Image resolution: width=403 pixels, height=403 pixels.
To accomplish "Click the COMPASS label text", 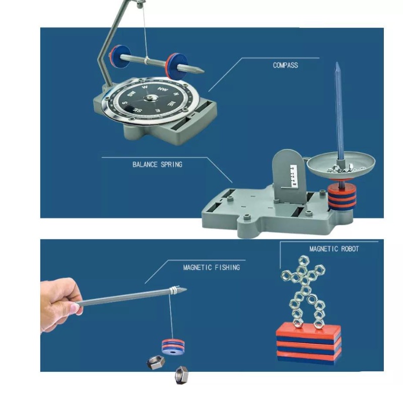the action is point(285,65).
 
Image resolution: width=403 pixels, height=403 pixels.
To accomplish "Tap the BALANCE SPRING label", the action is point(157,165).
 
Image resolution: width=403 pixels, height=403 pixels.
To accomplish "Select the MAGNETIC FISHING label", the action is point(212,267).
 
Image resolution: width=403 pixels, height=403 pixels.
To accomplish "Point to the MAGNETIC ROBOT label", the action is point(334,249).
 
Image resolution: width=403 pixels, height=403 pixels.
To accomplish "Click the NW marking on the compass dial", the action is point(163,89).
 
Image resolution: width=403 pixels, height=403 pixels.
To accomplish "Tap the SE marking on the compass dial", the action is point(137,110).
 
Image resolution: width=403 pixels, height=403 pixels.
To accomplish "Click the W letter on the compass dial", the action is point(145,87).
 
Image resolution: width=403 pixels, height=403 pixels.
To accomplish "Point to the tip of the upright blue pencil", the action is point(337,62).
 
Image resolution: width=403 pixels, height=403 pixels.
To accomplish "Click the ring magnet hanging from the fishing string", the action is point(173,347).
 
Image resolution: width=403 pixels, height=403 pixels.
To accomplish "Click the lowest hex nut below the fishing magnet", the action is point(182,375).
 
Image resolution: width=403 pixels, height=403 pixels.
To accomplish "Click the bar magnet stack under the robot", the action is point(308,344).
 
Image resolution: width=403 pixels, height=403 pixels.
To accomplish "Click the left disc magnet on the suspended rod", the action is point(120,56).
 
